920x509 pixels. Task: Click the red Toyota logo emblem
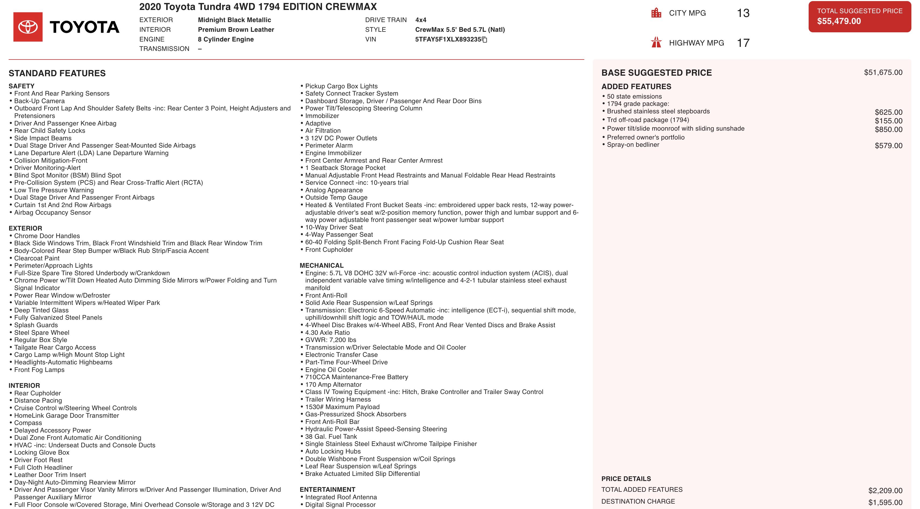28,27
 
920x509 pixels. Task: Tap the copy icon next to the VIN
485,40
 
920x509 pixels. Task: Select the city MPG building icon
656,13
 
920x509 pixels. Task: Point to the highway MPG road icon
656,43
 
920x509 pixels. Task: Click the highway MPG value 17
743,43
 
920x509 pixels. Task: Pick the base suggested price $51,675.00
883,72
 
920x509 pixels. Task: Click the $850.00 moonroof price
888,129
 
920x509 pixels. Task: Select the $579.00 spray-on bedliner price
888,145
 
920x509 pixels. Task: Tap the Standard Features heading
57,73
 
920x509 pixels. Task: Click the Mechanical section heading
321,266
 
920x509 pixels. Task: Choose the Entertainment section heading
327,489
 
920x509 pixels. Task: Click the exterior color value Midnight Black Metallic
234,20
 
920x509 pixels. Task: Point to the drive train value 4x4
421,20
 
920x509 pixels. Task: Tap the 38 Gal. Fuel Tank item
331,437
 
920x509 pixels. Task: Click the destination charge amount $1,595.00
885,502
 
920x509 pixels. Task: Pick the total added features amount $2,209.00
885,490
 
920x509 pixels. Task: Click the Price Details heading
626,479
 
